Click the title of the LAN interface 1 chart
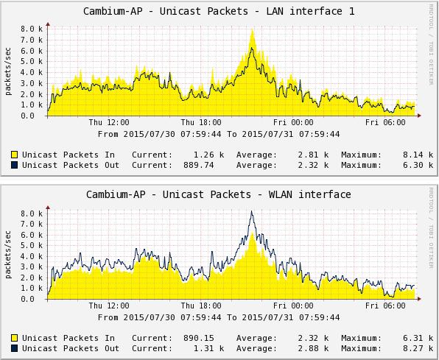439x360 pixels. [x=219, y=12]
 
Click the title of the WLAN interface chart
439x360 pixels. [x=218, y=194]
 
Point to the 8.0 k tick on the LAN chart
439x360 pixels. [x=32, y=29]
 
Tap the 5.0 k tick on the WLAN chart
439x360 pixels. [x=32, y=245]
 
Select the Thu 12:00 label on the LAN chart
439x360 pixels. [x=109, y=122]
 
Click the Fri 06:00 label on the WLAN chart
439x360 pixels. [x=385, y=306]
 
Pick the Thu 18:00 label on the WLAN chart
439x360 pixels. [x=201, y=306]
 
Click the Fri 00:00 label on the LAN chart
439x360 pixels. [x=293, y=122]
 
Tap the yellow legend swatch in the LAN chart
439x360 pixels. [x=14, y=155]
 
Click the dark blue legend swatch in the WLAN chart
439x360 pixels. [x=14, y=348]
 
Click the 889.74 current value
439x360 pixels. [x=199, y=165]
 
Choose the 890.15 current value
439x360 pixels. [x=199, y=338]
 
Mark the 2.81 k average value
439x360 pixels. [x=313, y=155]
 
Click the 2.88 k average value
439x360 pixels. [x=313, y=348]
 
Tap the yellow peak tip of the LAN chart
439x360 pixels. [x=253, y=29]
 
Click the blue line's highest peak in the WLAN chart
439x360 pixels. [x=252, y=211]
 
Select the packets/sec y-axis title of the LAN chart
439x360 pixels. [x=8, y=71]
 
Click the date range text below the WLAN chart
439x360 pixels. [x=219, y=317]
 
